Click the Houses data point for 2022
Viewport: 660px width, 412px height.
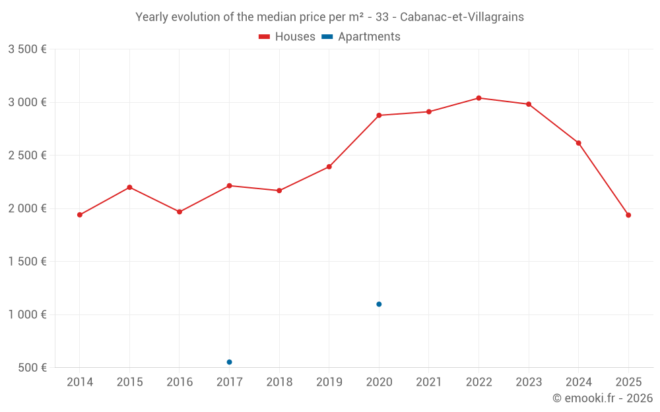pos(478,98)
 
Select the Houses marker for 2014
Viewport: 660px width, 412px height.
pos(80,215)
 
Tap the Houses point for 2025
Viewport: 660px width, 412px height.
pos(628,215)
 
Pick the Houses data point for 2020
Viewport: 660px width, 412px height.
pos(379,115)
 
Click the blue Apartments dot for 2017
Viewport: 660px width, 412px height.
pos(229,362)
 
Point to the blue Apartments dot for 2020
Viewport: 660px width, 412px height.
pos(379,304)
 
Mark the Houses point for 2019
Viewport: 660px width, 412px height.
pos(329,167)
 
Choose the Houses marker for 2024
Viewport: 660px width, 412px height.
pos(578,143)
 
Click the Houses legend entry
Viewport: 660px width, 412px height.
pos(287,37)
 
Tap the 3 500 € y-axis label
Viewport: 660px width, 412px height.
pos(27,49)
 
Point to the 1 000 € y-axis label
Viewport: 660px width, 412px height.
pos(27,314)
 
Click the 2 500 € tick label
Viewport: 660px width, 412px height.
pos(27,156)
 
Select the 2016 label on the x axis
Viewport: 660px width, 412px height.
pos(180,382)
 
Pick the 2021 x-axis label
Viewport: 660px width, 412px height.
pos(428,382)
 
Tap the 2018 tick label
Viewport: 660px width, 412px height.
pos(279,382)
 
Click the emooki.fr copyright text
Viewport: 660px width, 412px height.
pos(603,398)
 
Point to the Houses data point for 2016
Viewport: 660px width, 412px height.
pos(180,212)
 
